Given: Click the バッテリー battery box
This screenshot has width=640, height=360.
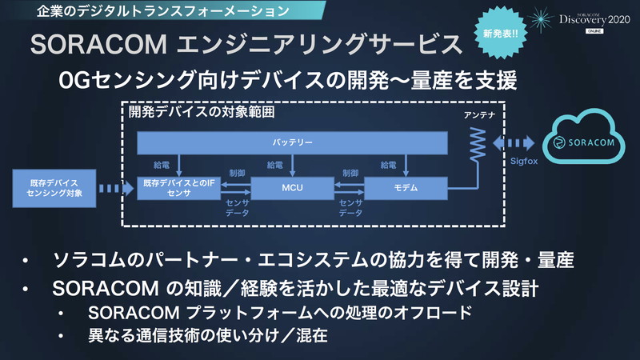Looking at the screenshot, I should [292, 142].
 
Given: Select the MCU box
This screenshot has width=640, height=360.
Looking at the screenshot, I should [291, 189].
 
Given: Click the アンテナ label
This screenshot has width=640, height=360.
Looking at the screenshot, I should [478, 117].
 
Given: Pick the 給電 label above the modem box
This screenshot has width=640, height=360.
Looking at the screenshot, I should [388, 166].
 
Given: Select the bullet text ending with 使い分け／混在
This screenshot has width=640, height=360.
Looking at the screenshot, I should [208, 335].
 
